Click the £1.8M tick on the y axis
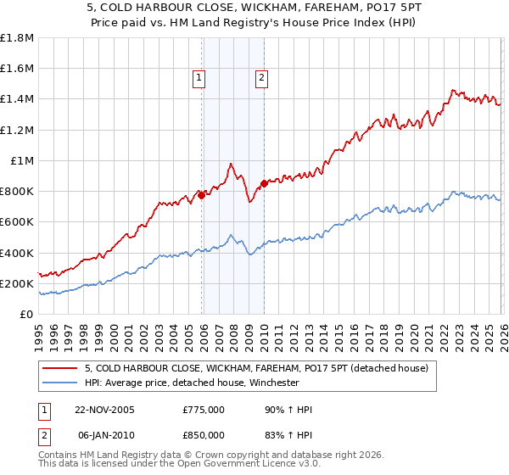[x=16, y=38]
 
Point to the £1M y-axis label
[x=23, y=161]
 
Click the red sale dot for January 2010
[x=264, y=183]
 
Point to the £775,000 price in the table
[x=204, y=410]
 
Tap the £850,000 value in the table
[x=204, y=435]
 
